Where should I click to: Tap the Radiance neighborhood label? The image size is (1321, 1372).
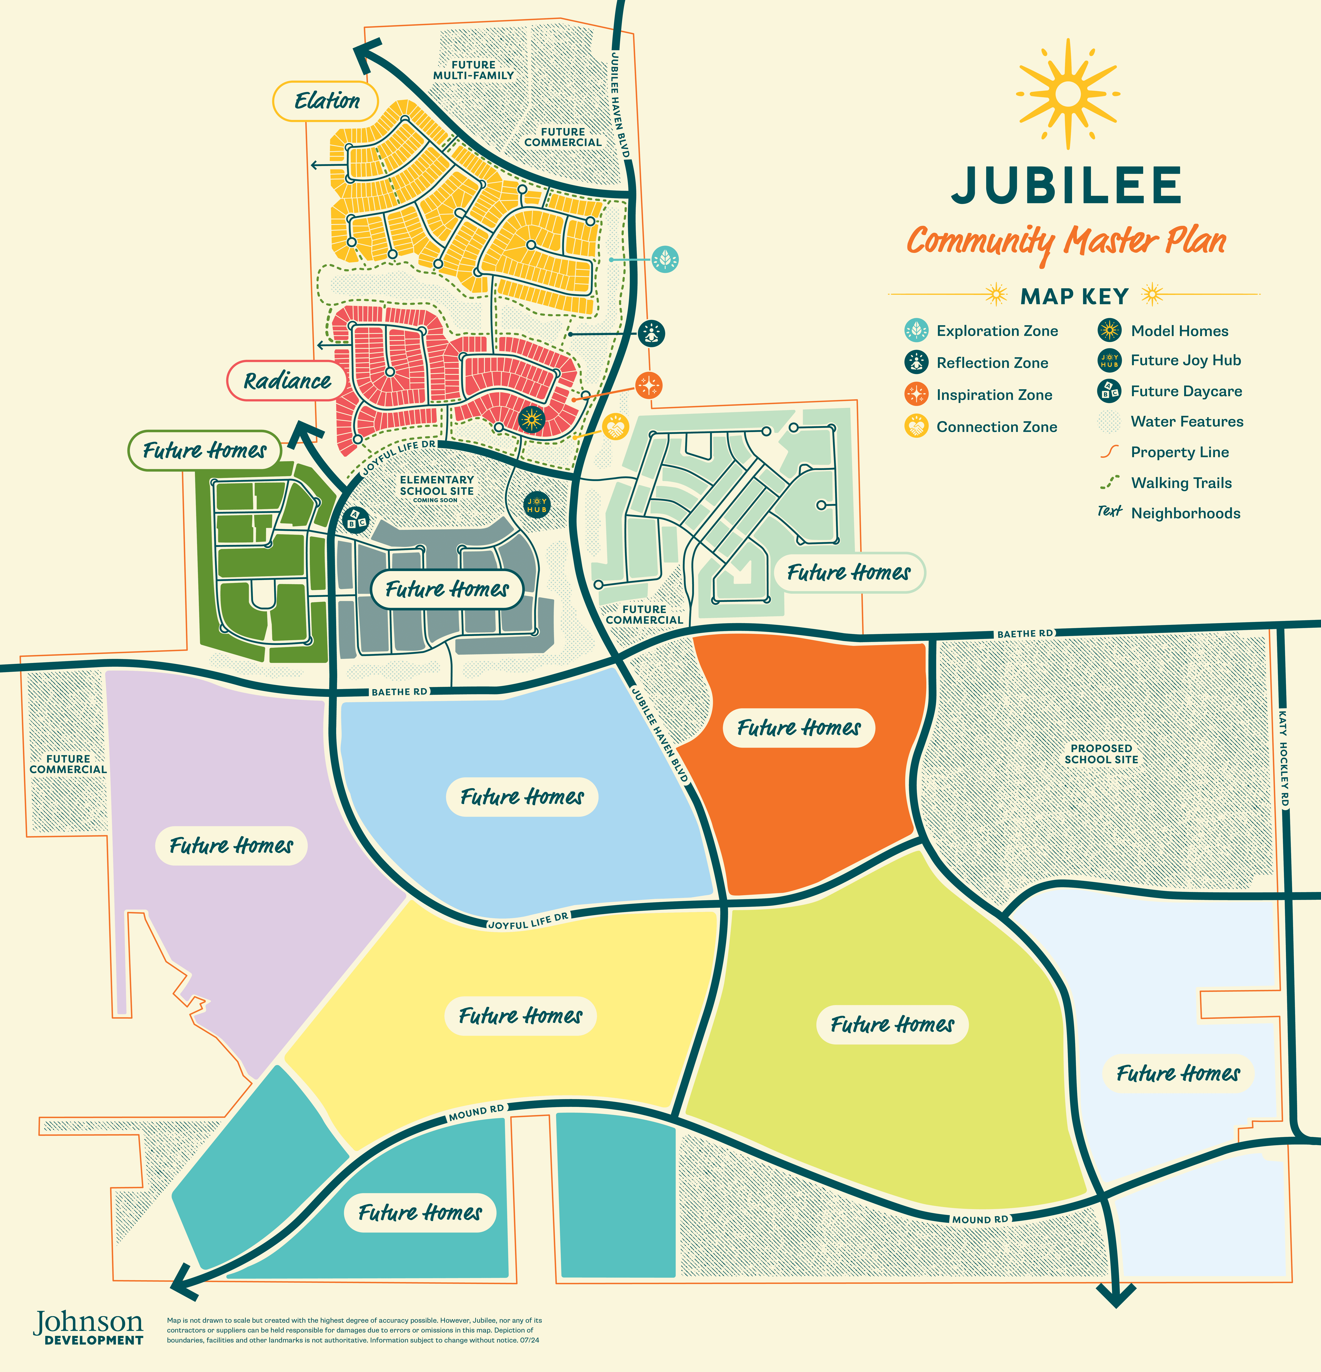tap(287, 381)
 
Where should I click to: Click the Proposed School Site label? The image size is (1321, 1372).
tap(1101, 754)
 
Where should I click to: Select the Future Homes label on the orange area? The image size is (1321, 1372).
tap(799, 728)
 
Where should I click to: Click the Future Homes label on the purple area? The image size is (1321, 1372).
tap(231, 846)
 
